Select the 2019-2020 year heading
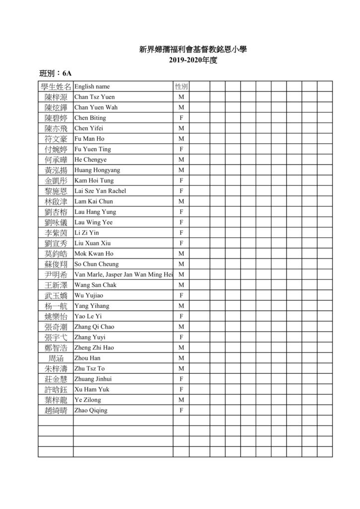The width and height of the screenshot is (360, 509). (x=193, y=61)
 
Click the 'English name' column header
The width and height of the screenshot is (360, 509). (x=92, y=86)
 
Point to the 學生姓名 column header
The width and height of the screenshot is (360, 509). (x=56, y=86)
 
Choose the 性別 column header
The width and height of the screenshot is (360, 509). (x=181, y=86)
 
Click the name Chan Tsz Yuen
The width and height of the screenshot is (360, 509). (x=94, y=97)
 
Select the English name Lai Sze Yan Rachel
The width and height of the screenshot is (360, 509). (x=100, y=191)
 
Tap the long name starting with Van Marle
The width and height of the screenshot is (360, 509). (x=123, y=274)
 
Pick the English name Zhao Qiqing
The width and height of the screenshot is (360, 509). (x=90, y=411)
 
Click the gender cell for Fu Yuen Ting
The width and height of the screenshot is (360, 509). (x=181, y=149)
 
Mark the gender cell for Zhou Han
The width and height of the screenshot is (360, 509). (x=181, y=358)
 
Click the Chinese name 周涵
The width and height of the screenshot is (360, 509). (x=56, y=358)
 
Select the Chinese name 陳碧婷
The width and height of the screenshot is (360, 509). (x=56, y=118)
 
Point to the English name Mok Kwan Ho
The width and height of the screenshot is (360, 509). (x=93, y=254)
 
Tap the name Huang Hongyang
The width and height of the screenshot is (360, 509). (x=97, y=170)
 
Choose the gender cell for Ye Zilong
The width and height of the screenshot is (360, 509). (x=181, y=400)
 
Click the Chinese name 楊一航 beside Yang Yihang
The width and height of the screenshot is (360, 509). (x=56, y=306)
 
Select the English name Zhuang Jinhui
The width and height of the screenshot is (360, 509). (x=93, y=379)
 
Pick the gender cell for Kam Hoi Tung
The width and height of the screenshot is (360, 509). (x=181, y=180)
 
